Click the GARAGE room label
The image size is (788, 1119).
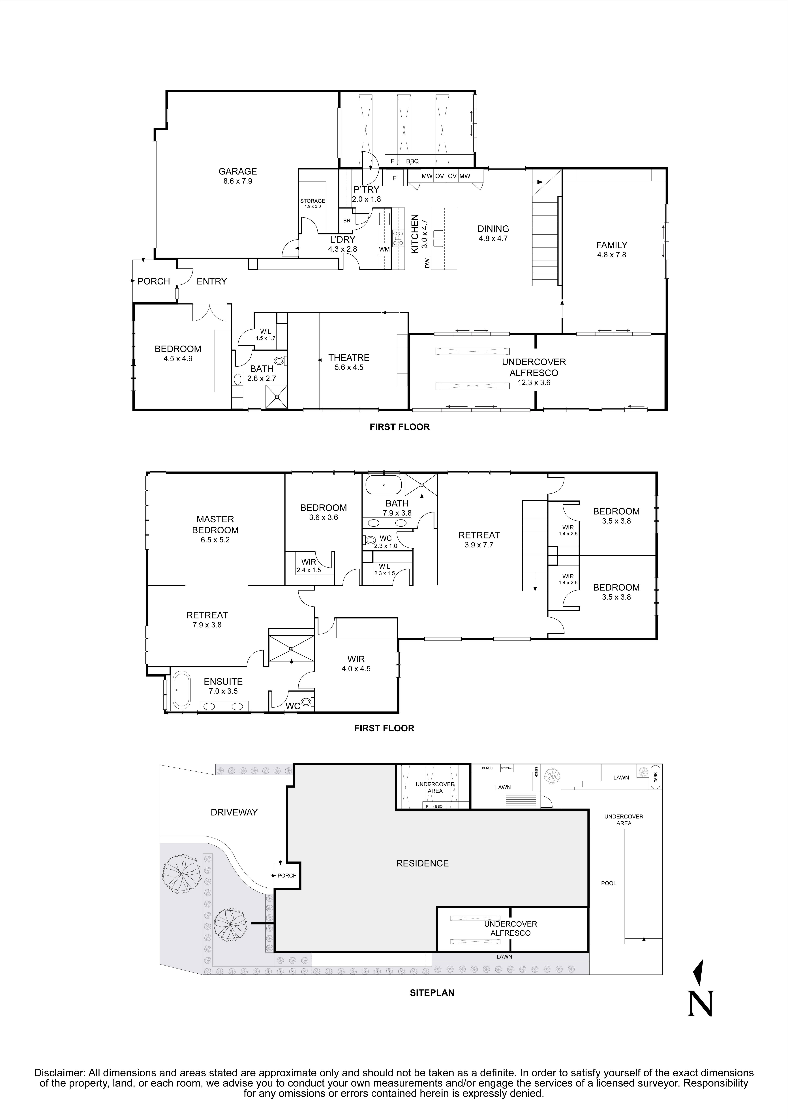click(237, 171)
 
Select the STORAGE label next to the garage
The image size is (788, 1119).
click(312, 201)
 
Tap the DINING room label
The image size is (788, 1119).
click(493, 228)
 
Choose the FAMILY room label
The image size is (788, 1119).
click(611, 245)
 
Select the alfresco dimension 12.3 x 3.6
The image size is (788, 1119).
click(534, 383)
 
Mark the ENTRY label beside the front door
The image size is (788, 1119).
click(212, 281)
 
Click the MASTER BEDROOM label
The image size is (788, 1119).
click(215, 524)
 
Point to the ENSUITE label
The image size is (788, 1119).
click(223, 681)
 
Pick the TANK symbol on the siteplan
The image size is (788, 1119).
click(655, 777)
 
